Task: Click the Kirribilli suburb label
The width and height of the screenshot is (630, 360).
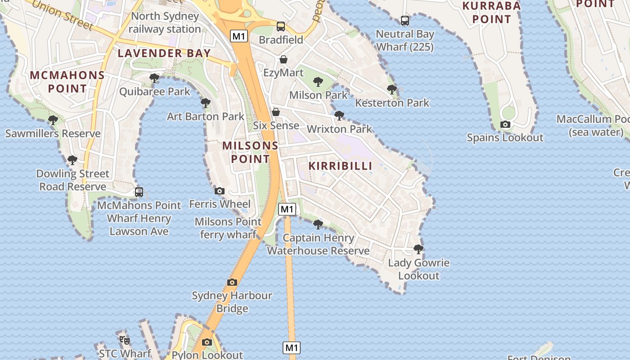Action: (341, 166)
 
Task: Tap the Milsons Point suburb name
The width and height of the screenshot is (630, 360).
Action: (250, 152)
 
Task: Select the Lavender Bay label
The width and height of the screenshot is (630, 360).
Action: (164, 53)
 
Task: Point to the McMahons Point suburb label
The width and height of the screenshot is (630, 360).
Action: (67, 81)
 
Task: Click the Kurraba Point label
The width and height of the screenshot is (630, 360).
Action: (491, 13)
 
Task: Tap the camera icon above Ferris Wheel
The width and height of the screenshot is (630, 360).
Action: (220, 191)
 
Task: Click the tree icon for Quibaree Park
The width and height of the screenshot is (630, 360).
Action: (154, 78)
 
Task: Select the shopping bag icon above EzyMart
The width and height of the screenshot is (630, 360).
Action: (283, 59)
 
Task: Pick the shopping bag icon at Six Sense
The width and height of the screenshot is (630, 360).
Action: (276, 112)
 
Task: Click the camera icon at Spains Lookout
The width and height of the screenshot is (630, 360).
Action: (505, 124)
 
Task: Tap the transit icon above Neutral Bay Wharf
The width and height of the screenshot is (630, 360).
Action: (405, 21)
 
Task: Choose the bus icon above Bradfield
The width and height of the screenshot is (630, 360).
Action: (281, 27)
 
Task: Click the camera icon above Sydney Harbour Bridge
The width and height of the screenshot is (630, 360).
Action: (232, 282)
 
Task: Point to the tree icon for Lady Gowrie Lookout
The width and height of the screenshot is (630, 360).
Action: (418, 249)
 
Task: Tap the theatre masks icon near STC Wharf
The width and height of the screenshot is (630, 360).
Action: (125, 340)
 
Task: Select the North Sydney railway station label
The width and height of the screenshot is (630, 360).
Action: (165, 22)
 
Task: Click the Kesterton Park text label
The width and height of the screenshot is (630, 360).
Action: (392, 103)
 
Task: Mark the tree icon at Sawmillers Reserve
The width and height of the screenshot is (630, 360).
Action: (53, 120)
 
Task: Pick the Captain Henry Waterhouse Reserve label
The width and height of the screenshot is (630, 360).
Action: (319, 244)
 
